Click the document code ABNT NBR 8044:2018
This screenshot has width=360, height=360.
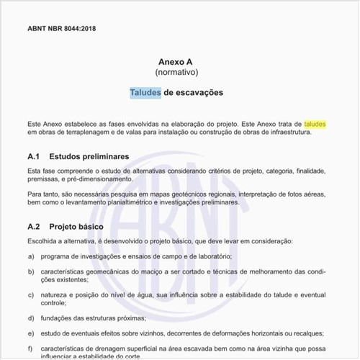(x=61, y=29)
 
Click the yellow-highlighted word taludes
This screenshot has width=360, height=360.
(x=315, y=124)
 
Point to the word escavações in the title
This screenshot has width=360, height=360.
(x=199, y=93)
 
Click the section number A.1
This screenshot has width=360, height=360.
(x=34, y=156)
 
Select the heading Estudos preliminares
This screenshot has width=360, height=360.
(x=89, y=156)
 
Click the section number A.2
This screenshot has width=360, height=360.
(x=34, y=226)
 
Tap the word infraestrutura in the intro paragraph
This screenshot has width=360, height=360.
(x=286, y=132)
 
